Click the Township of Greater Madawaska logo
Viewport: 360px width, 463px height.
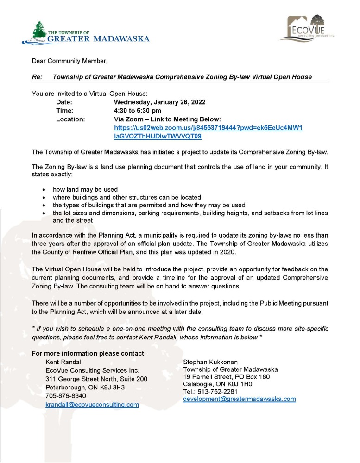tap(85, 33)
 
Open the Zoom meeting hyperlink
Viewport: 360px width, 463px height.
tap(208, 128)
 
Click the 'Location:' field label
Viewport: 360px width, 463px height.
tap(70, 119)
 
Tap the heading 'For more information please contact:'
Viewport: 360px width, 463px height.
tap(89, 354)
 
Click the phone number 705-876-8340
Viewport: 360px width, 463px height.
tap(65, 396)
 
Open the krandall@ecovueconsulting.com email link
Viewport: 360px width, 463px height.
tap(92, 405)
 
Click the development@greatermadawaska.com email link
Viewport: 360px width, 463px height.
tap(239, 399)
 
